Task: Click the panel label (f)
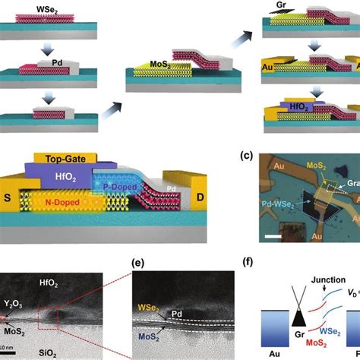[262, 267]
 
